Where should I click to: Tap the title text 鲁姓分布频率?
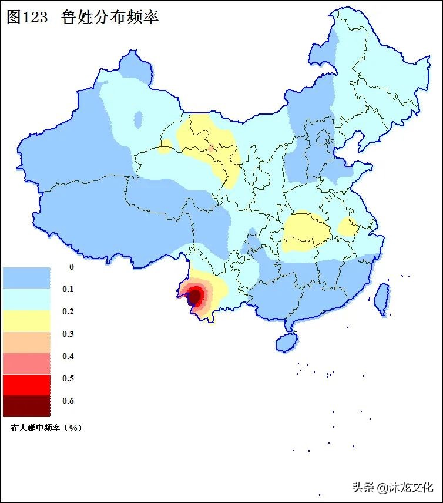(110, 17)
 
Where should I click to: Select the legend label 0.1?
(68, 290)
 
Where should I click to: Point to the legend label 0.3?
(68, 334)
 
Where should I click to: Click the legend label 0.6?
(68, 401)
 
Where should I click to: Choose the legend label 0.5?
(68, 379)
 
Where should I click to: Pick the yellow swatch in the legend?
(26, 321)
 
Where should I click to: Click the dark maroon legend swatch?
(26, 406)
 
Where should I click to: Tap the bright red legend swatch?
(26, 385)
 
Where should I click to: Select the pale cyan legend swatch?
(26, 299)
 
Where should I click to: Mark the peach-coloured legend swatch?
(26, 342)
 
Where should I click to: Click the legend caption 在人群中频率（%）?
(46, 428)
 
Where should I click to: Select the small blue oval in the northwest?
(138, 119)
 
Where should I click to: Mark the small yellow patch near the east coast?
(347, 227)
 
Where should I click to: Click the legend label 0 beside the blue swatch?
(71, 267)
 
